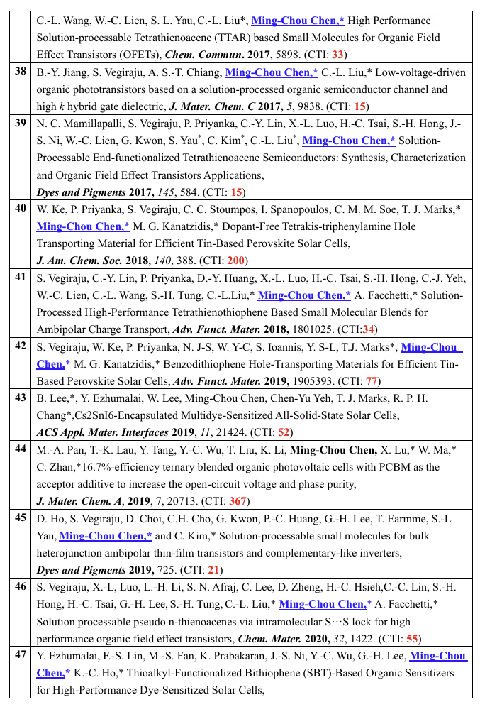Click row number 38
[x=20, y=72]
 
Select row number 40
[x=20, y=209]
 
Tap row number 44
[x=20, y=450]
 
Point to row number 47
[x=20, y=655]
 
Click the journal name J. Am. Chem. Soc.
[x=76, y=260]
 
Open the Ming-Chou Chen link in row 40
[x=83, y=226]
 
